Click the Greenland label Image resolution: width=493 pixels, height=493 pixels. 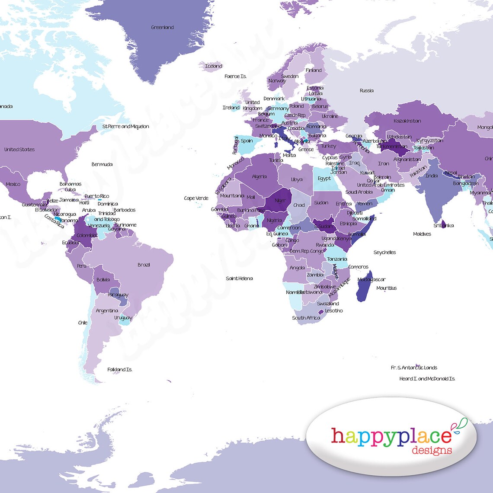coord(162,27)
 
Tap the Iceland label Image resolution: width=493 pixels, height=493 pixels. coord(213,66)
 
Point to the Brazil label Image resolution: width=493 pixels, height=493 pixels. coord(144,265)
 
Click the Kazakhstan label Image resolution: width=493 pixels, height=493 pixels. coord(407,121)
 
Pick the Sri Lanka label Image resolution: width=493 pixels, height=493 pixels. coord(444,225)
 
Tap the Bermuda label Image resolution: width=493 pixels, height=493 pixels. coord(102,164)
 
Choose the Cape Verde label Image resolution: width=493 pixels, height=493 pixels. coord(196,198)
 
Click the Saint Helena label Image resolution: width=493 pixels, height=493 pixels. coord(239,279)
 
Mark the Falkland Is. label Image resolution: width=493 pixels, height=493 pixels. coord(120,370)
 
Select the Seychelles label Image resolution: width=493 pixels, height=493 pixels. coord(384,252)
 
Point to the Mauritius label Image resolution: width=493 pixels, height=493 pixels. coord(386,288)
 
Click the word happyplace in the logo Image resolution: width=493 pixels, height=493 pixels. coord(391,435)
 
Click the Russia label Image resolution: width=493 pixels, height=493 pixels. coord(366,90)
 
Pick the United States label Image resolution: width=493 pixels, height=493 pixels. coord(19,150)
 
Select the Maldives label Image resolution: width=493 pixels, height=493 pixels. coord(422,234)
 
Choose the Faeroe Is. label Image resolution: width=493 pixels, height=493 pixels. coord(235,77)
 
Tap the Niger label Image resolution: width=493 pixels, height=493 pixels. coord(280,201)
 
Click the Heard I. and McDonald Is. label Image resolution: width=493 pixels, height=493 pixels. coord(427,379)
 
